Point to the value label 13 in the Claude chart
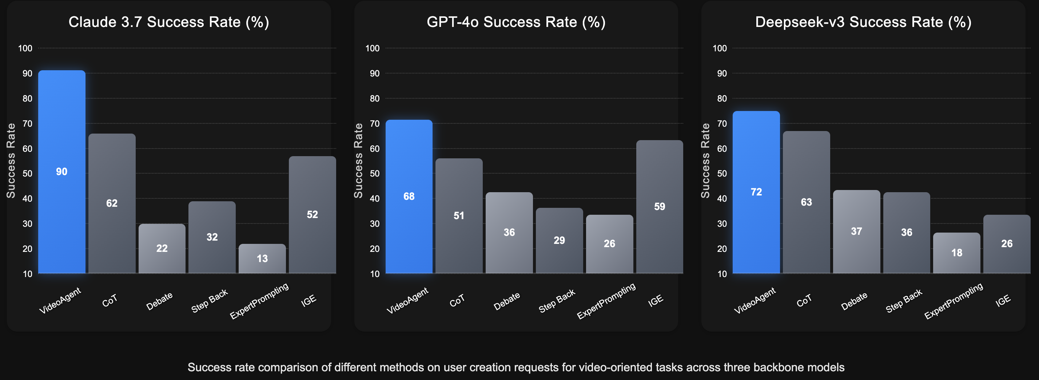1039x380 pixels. tap(262, 258)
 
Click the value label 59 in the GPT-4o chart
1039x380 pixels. tap(660, 206)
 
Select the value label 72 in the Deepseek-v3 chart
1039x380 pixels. tap(756, 192)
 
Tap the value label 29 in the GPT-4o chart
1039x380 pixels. tap(559, 241)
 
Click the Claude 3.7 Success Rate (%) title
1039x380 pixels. tap(168, 22)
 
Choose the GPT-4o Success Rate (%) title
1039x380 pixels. tap(516, 22)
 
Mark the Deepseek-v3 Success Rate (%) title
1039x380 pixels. tap(863, 22)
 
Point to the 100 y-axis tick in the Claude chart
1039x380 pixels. tap(25, 48)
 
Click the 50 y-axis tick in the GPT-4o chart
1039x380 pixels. tap(375, 174)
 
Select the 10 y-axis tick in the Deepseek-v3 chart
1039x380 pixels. tap(722, 274)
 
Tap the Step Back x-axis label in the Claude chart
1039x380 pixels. tap(209, 301)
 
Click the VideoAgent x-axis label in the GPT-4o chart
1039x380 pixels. tap(407, 301)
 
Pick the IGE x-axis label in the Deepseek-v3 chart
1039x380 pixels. tap(1003, 301)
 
